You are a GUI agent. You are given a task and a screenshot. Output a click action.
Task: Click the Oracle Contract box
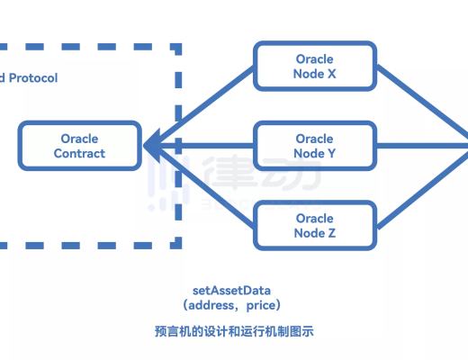pos(79,146)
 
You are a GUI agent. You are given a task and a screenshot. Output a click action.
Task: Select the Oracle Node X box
pos(314,67)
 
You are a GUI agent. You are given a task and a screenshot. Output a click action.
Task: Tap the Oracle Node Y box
pos(314,146)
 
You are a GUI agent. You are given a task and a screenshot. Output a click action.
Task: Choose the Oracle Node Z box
pos(314,225)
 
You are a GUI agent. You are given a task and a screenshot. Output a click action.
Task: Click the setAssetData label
pos(231,291)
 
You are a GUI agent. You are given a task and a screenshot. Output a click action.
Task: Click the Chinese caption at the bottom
pos(233,331)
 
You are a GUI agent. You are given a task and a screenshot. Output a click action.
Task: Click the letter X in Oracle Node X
pos(332,74)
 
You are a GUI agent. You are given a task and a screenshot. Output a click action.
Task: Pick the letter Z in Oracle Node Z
pos(332,233)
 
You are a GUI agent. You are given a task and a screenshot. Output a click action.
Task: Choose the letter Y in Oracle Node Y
pos(332,154)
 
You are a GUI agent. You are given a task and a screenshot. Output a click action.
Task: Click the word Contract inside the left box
pos(79,154)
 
